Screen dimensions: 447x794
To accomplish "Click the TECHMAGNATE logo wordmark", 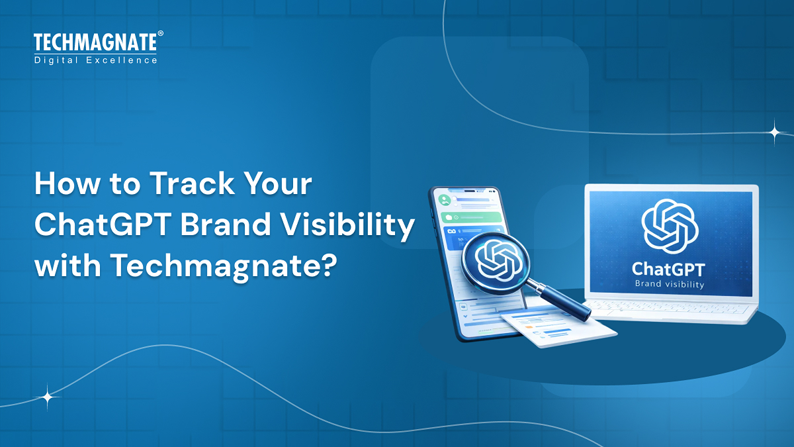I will (95, 43).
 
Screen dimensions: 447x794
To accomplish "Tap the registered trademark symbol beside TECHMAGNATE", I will (160, 34).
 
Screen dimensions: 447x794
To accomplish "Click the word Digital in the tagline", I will (58, 60).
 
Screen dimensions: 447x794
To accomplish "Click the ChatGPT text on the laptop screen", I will (669, 269).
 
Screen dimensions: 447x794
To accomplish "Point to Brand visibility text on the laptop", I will (669, 285).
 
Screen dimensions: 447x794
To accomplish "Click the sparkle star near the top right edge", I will (774, 132).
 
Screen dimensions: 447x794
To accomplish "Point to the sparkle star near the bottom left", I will (48, 397).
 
